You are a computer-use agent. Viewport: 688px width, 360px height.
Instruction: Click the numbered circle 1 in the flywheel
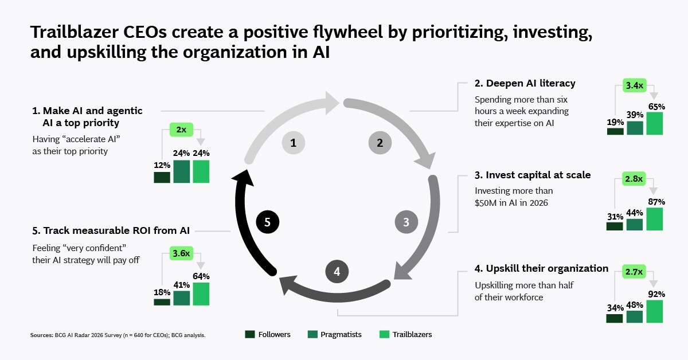294,143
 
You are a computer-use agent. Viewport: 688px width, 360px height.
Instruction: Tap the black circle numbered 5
268,222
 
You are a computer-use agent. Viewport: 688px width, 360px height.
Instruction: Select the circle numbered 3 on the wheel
406,222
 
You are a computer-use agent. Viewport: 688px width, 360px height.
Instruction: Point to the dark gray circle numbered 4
337,272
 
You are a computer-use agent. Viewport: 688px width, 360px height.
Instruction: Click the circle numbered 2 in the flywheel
380,143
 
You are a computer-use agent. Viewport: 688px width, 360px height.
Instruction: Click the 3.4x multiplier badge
635,85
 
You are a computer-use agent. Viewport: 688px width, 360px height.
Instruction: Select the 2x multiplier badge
181,130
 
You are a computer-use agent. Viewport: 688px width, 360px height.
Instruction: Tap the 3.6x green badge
181,253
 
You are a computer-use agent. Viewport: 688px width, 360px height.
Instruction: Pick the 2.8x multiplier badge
634,179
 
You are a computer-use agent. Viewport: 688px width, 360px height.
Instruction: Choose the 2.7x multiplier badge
634,272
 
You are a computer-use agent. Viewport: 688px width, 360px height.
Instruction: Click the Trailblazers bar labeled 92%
655,311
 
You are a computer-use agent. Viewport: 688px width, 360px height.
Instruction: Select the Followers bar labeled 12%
162,178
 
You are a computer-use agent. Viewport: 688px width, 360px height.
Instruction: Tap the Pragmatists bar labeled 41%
182,298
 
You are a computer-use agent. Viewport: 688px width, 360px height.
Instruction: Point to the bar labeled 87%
655,219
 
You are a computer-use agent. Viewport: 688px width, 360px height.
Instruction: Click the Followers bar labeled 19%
615,131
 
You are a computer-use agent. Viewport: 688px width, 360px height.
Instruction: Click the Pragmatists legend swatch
312,335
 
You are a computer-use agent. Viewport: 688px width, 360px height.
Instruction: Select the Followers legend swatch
250,335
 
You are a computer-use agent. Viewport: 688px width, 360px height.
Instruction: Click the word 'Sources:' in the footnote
42,335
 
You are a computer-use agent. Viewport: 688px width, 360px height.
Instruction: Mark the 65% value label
656,107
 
